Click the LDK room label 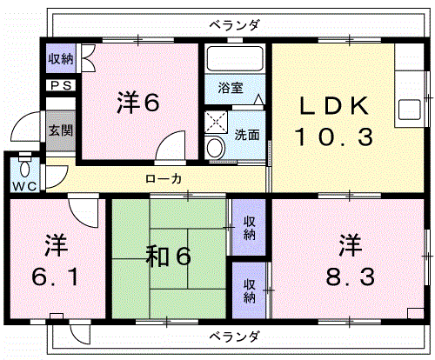click(333, 106)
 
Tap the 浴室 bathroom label click(231, 88)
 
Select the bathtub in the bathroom click(235, 58)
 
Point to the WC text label click(25, 186)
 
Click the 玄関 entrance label click(60, 130)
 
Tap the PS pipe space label click(61, 85)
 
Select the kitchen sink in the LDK click(410, 110)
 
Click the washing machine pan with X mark click(216, 122)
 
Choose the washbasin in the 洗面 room click(215, 148)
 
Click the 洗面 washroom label click(247, 135)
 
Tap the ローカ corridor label click(164, 179)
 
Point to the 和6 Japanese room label click(169, 256)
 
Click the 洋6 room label click(138, 102)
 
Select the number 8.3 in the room click(351, 277)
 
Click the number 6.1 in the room click(55, 277)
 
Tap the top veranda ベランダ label click(234, 25)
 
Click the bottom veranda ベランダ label click(234, 337)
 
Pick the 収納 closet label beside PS click(61, 59)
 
